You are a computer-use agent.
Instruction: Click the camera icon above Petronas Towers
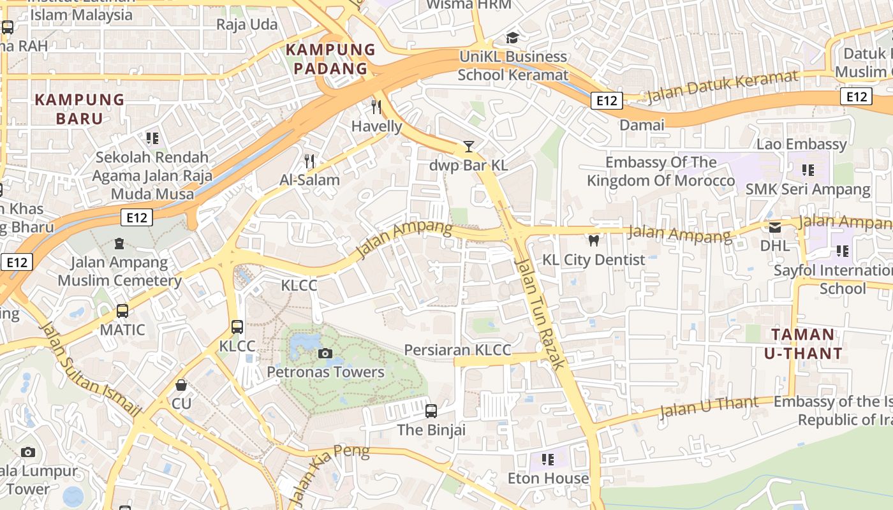point(325,353)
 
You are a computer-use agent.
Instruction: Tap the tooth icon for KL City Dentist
point(593,241)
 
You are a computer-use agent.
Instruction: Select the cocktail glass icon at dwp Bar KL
point(469,147)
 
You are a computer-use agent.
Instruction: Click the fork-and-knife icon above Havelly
point(376,106)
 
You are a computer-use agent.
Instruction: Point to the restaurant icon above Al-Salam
point(309,161)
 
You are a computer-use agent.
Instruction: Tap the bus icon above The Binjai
point(431,411)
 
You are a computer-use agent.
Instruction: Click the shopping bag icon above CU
point(181,385)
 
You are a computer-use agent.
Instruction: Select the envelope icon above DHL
point(774,227)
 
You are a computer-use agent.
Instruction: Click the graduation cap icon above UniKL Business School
point(512,38)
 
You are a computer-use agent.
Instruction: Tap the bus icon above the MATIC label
point(122,311)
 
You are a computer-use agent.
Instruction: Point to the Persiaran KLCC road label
point(458,350)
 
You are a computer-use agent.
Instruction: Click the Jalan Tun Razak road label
point(540,314)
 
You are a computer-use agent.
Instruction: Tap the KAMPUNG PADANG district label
point(330,59)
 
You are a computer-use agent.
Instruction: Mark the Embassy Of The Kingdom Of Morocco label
point(661,171)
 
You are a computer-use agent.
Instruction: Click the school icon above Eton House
point(547,459)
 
